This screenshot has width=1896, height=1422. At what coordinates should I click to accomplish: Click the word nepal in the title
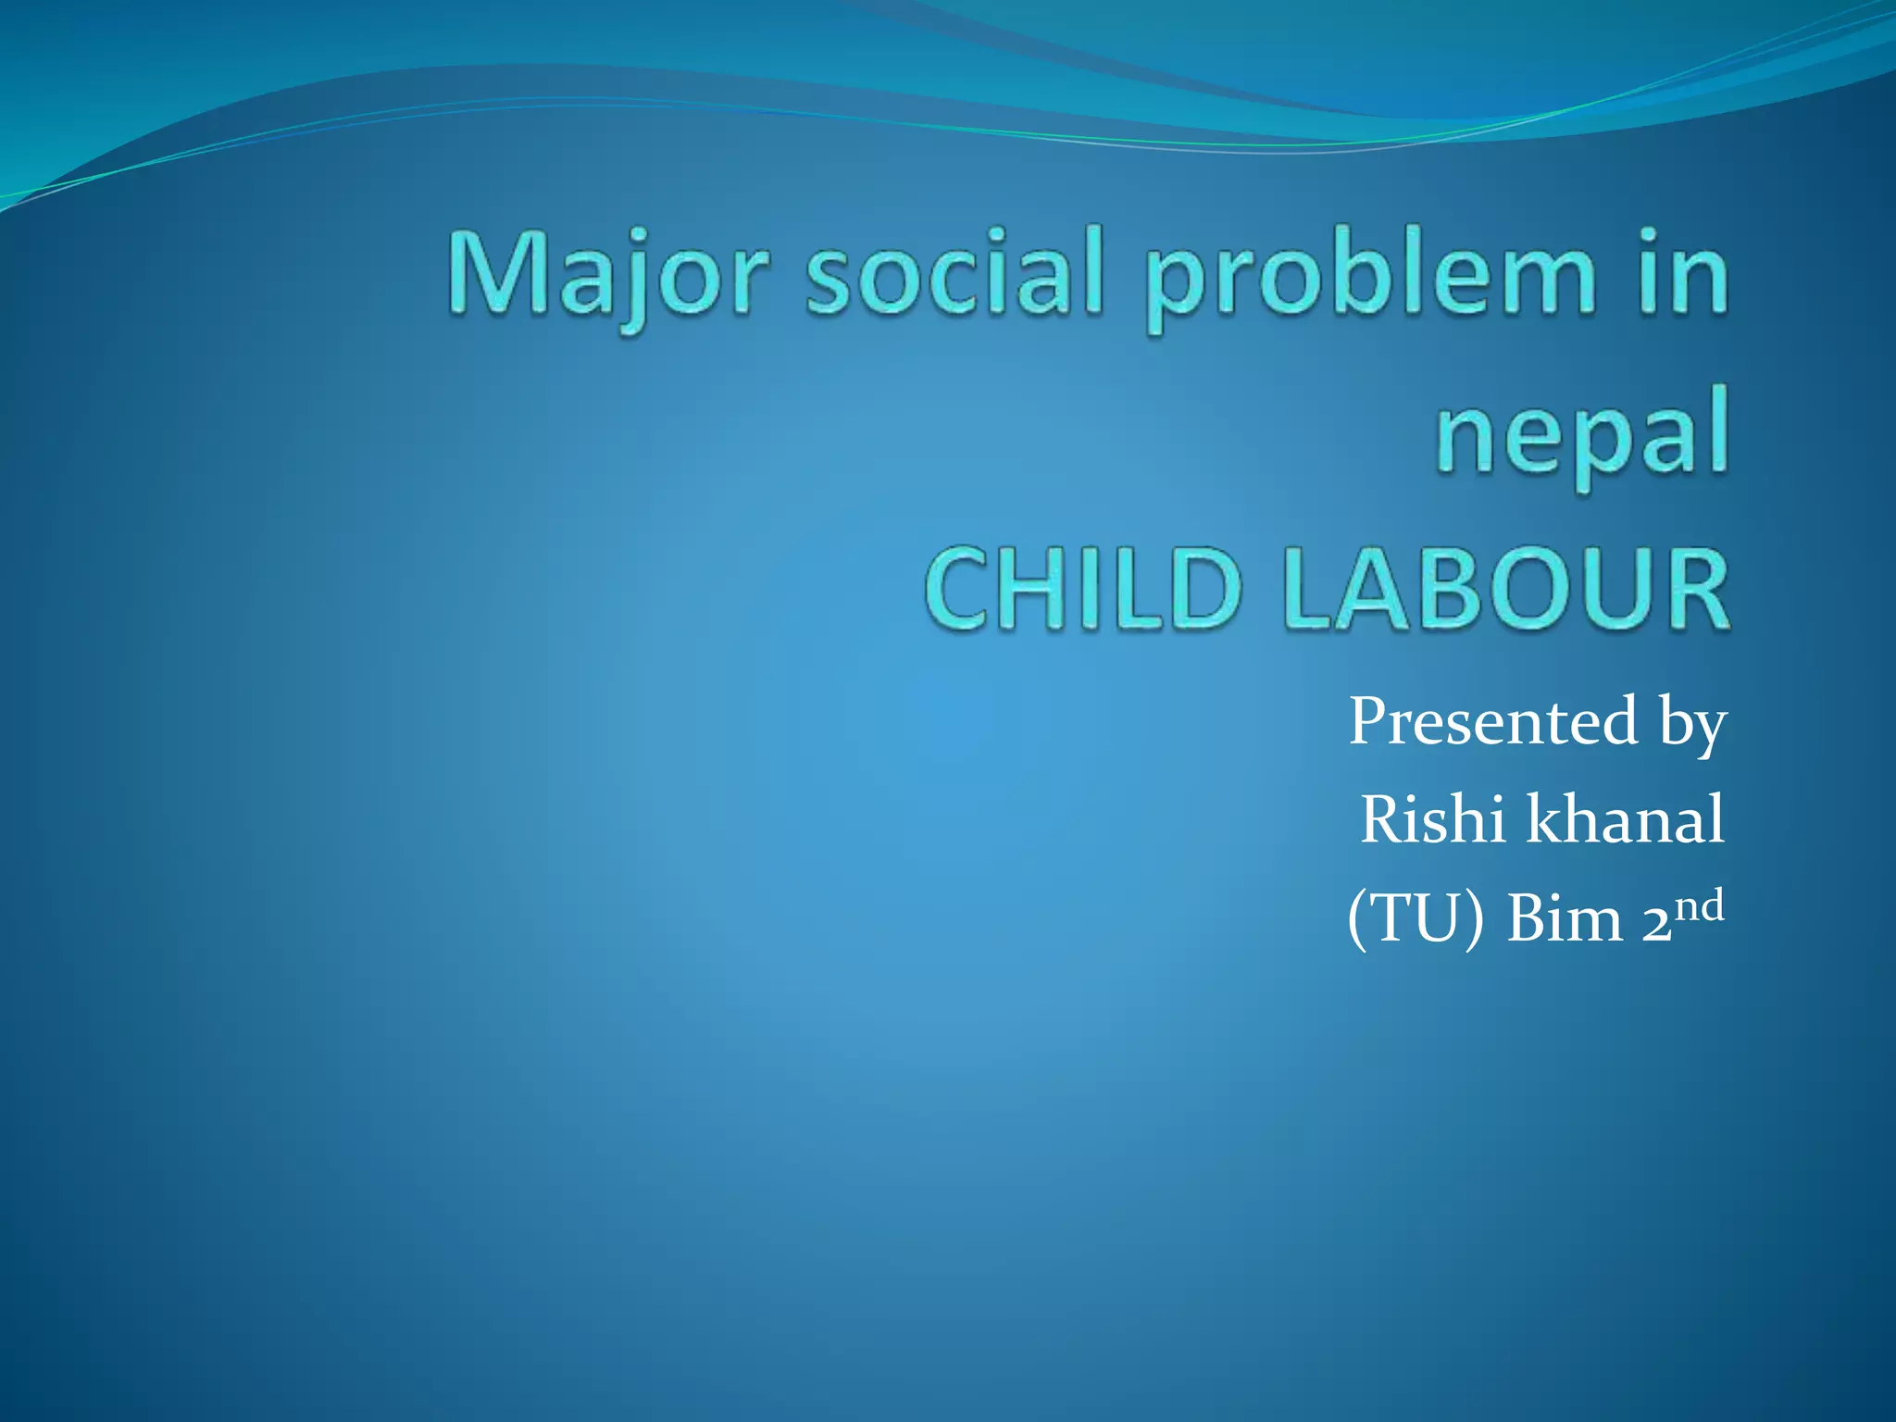pos(1582,440)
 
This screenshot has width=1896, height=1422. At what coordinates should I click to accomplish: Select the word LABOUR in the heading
pos(1505,589)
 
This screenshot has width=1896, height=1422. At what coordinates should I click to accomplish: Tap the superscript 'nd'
pos(1701,905)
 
